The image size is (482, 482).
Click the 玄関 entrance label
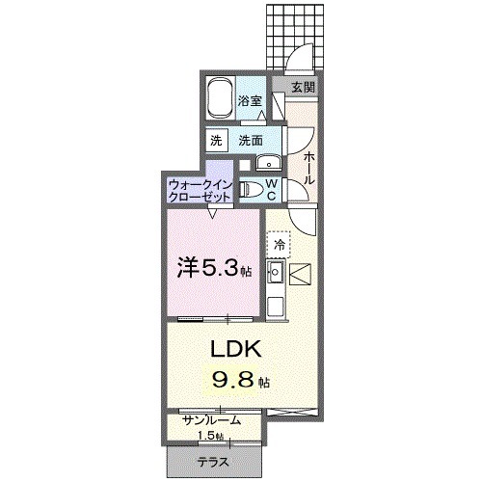coord(303,87)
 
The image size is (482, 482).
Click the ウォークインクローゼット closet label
coord(200,188)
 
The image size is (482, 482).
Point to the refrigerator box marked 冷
coord(280,246)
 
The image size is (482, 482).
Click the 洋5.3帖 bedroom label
coord(213,267)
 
